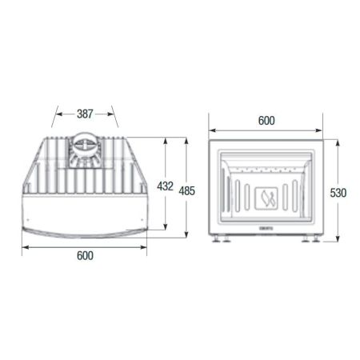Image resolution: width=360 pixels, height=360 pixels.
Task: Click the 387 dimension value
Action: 85,114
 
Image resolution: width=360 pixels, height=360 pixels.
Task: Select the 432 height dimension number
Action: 165,186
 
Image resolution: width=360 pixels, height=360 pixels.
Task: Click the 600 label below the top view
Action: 85,256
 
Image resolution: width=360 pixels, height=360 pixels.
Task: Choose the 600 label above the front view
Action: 266,120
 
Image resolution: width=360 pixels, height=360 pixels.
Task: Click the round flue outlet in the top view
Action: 85,149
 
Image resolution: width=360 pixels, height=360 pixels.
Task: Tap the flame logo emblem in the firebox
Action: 267,197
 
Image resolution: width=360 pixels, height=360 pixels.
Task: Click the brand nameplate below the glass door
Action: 267,227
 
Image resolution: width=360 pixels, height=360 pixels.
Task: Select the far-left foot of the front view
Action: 216,238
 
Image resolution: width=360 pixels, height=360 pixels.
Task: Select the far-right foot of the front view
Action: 317,238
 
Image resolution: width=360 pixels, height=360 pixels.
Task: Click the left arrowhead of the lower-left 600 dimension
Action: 24,246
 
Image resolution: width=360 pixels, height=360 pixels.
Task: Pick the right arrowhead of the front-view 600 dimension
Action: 322,130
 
